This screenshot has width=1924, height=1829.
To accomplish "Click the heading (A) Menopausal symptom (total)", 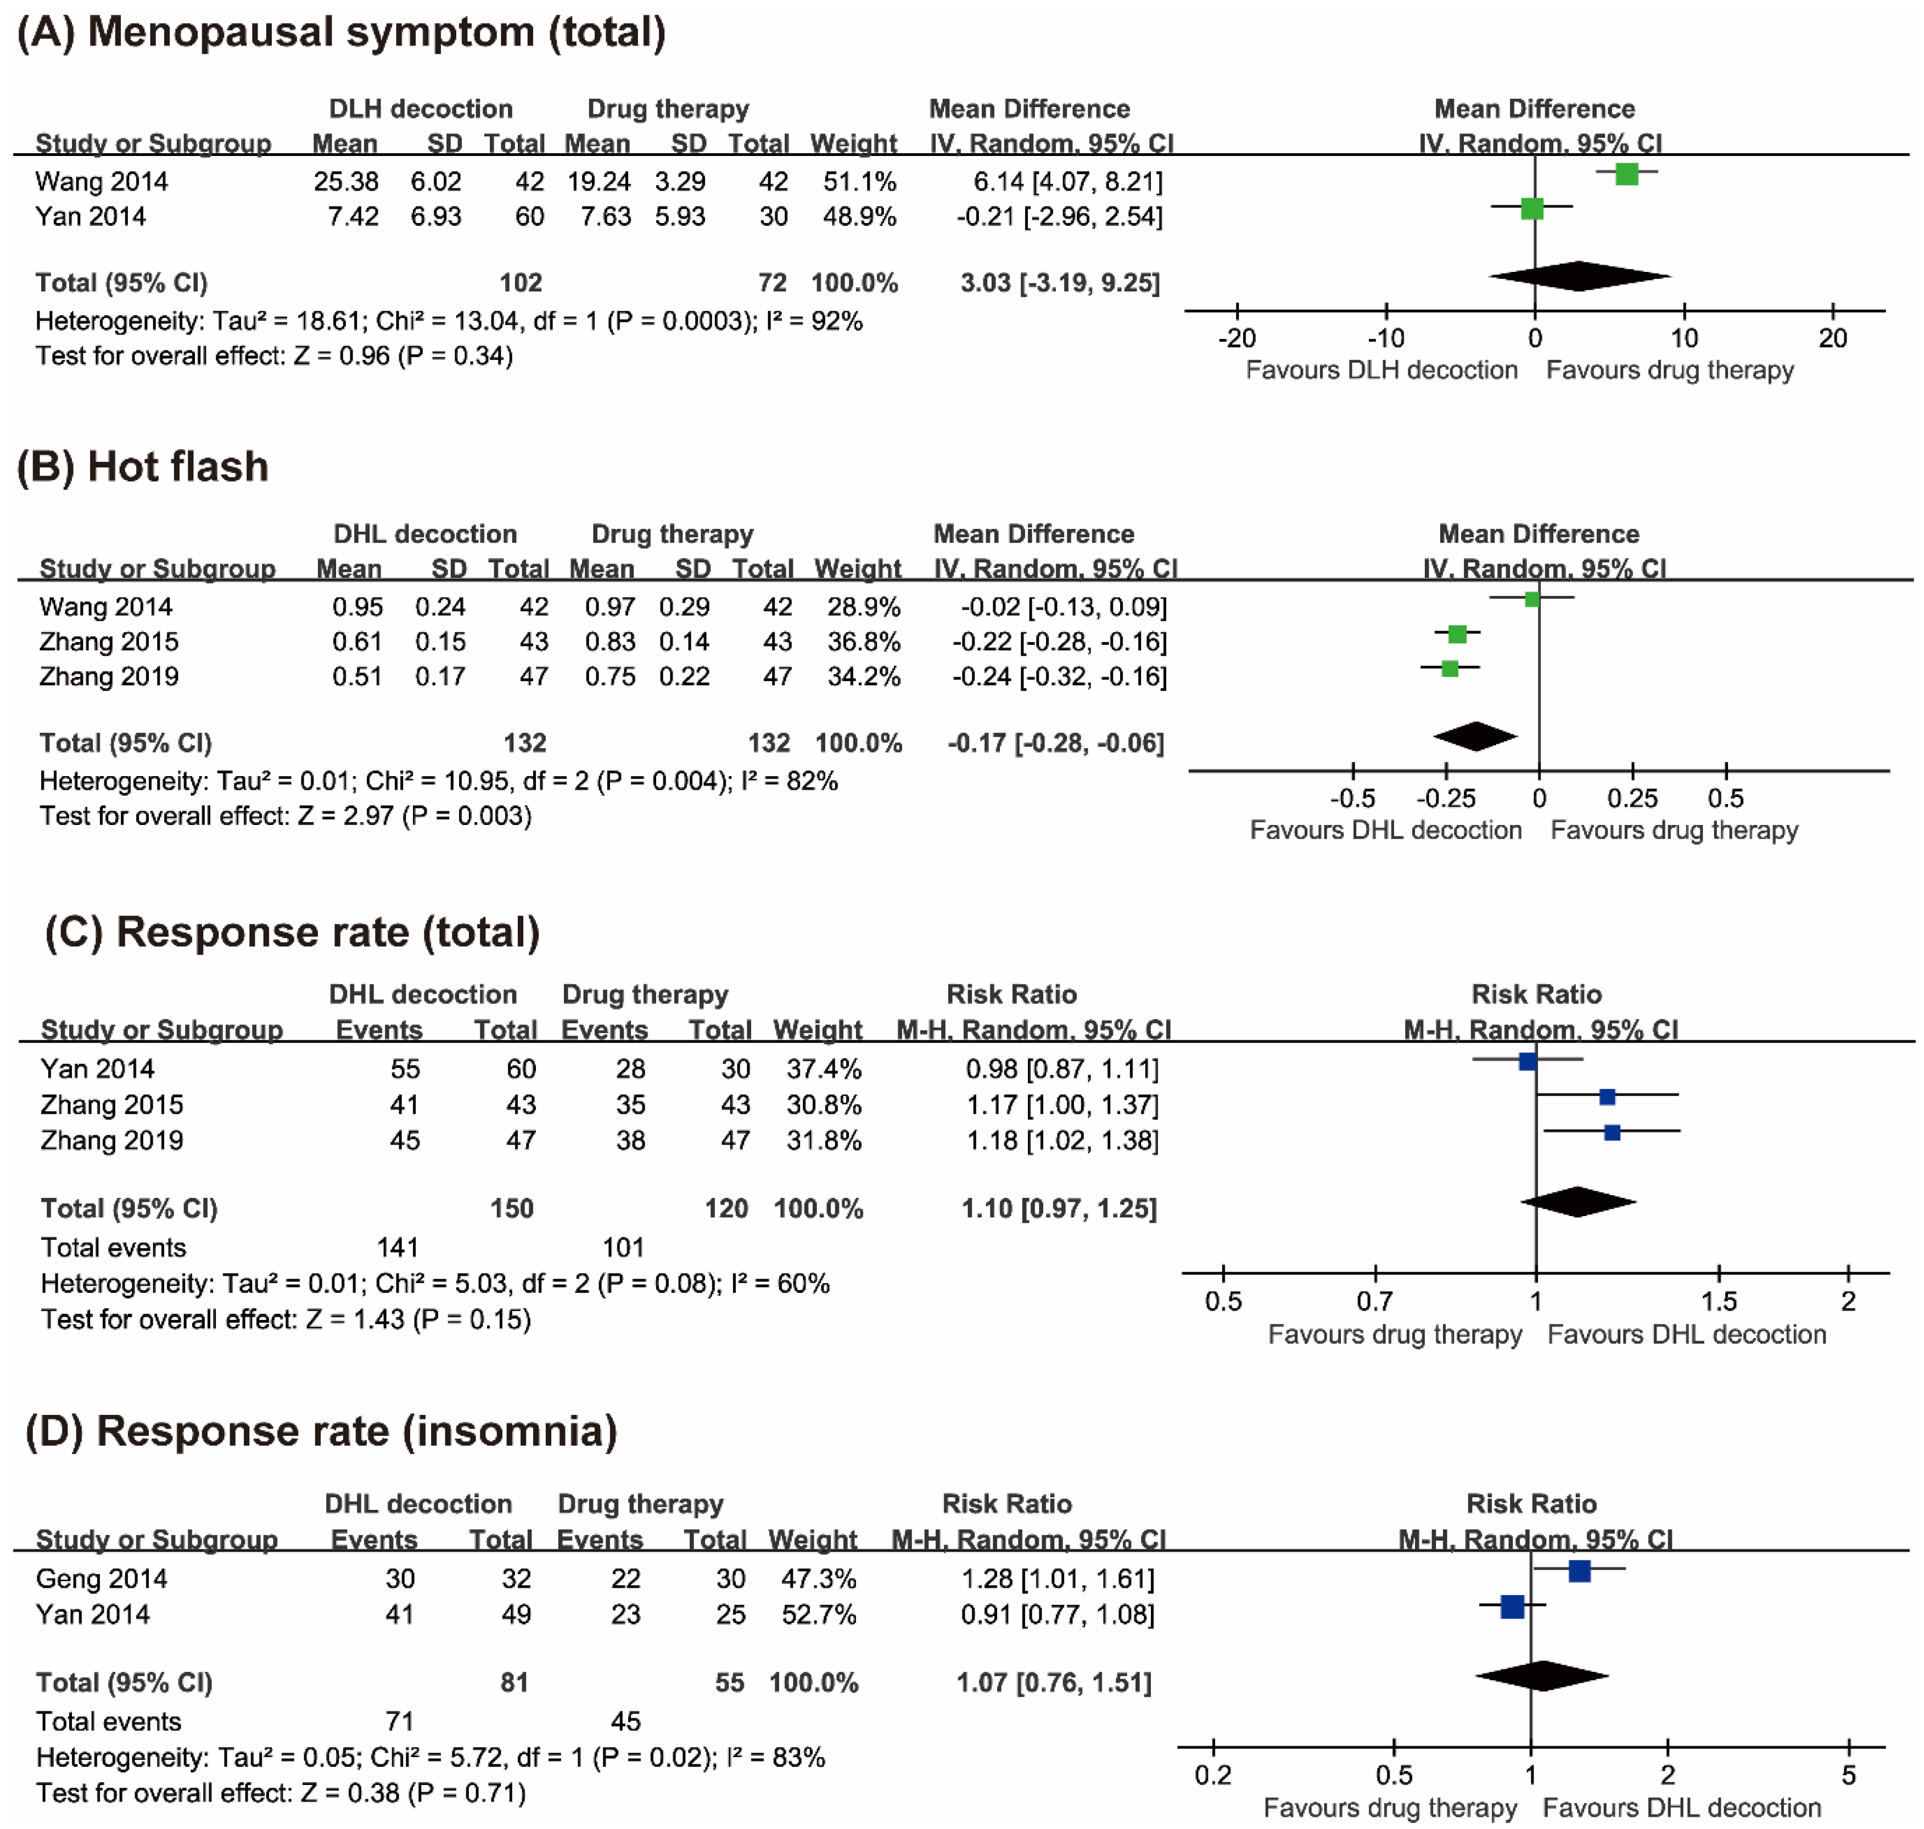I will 341,32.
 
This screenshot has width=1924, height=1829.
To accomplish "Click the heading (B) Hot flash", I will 142,467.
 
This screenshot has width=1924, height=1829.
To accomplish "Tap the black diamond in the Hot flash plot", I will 1475,736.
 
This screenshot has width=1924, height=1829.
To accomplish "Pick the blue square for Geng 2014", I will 1580,1571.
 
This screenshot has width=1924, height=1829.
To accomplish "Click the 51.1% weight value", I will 859,181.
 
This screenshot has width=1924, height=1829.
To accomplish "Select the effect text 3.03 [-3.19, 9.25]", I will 1060,283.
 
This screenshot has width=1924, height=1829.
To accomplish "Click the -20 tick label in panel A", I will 1237,338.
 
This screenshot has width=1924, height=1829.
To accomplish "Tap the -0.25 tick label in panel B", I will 1445,799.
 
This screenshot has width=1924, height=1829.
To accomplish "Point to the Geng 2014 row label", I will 102,1579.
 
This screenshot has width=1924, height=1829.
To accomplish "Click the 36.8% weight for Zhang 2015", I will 864,642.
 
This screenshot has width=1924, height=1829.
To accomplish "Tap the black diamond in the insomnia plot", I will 1541,1676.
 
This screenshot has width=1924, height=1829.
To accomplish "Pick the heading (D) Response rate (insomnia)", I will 322,1431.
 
